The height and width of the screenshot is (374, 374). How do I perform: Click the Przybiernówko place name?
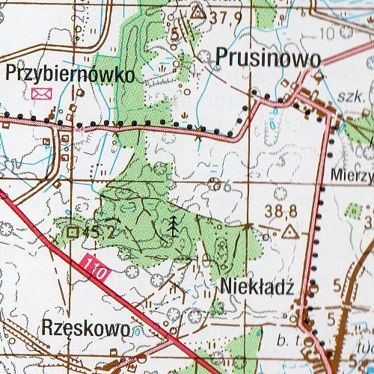(70, 75)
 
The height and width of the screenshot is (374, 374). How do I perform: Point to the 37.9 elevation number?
(224, 16)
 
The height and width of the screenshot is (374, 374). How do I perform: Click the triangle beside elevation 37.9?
(197, 12)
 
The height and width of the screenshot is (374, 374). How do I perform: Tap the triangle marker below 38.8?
(289, 233)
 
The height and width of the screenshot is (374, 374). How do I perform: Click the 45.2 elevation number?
(102, 233)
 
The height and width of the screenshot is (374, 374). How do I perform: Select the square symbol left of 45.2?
(73, 233)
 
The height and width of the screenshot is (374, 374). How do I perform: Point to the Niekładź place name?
(255, 286)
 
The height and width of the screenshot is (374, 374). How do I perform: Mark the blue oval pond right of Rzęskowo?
(138, 329)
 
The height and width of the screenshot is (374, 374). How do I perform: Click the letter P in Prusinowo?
(224, 58)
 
